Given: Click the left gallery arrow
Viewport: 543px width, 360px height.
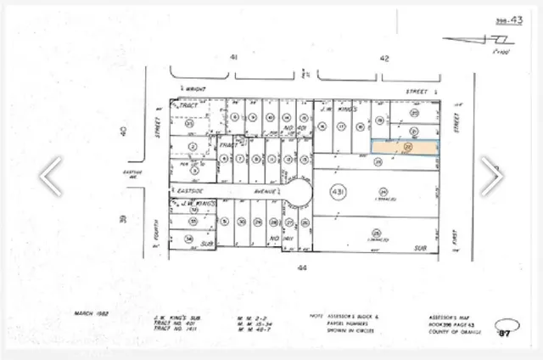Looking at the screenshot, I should click(51, 177).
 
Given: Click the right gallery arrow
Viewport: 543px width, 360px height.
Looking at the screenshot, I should click(491, 177).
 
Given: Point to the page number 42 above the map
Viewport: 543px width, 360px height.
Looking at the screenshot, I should click(383, 58).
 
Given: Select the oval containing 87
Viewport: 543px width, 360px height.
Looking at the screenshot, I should click(507, 331).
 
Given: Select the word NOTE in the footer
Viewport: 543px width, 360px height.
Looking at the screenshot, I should click(315, 314).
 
